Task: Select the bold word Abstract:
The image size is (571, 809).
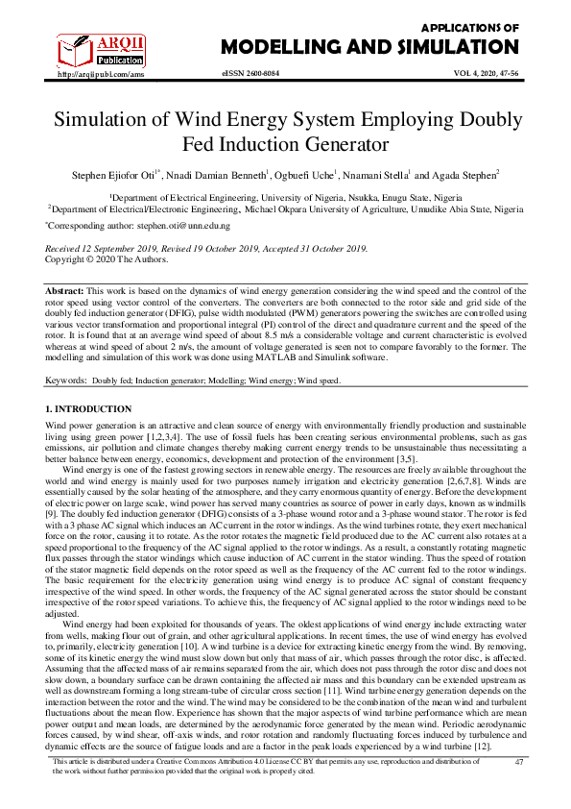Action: [67, 289]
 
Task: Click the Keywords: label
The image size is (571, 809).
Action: [66, 380]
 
